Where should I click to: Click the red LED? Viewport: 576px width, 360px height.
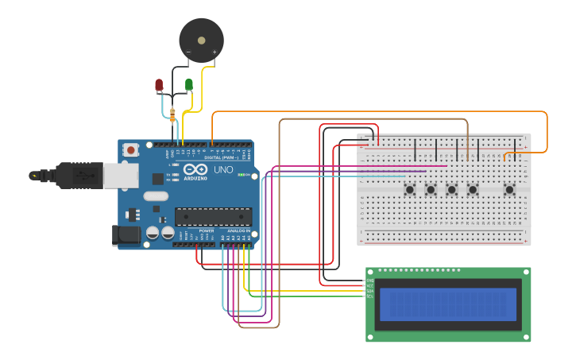(x=159, y=84)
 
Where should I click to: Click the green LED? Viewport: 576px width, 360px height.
(x=189, y=84)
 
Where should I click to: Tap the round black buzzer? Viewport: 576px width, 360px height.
(x=201, y=40)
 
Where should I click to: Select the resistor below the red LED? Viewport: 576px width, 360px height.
(x=173, y=115)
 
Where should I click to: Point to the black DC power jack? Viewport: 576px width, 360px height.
(x=125, y=234)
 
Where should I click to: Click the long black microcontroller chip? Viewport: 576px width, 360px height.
(x=213, y=216)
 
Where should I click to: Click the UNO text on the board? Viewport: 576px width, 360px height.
(x=223, y=170)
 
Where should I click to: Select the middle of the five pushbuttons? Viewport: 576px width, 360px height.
(x=451, y=189)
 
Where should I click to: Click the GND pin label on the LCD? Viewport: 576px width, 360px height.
(x=370, y=281)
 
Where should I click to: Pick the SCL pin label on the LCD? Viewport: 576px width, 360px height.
(x=370, y=296)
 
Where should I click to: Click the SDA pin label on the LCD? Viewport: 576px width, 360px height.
(x=370, y=291)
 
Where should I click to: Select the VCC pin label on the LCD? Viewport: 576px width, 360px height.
(x=370, y=285)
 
